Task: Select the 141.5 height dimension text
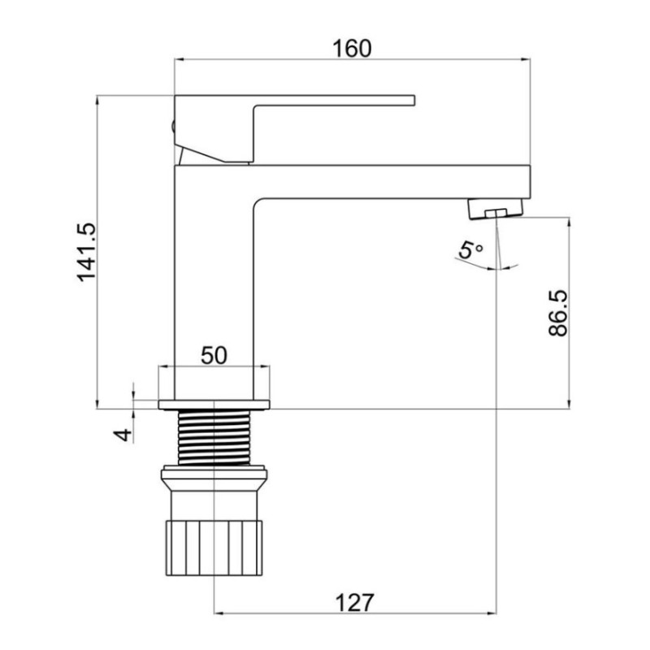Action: (86, 253)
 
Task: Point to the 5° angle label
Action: (470, 251)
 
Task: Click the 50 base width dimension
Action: (214, 355)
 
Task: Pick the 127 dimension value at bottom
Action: (354, 602)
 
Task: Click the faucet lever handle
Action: (325, 101)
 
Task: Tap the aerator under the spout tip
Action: (496, 211)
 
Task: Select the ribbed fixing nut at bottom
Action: (214, 545)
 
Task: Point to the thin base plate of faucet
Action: (214, 404)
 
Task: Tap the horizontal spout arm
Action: (390, 182)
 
